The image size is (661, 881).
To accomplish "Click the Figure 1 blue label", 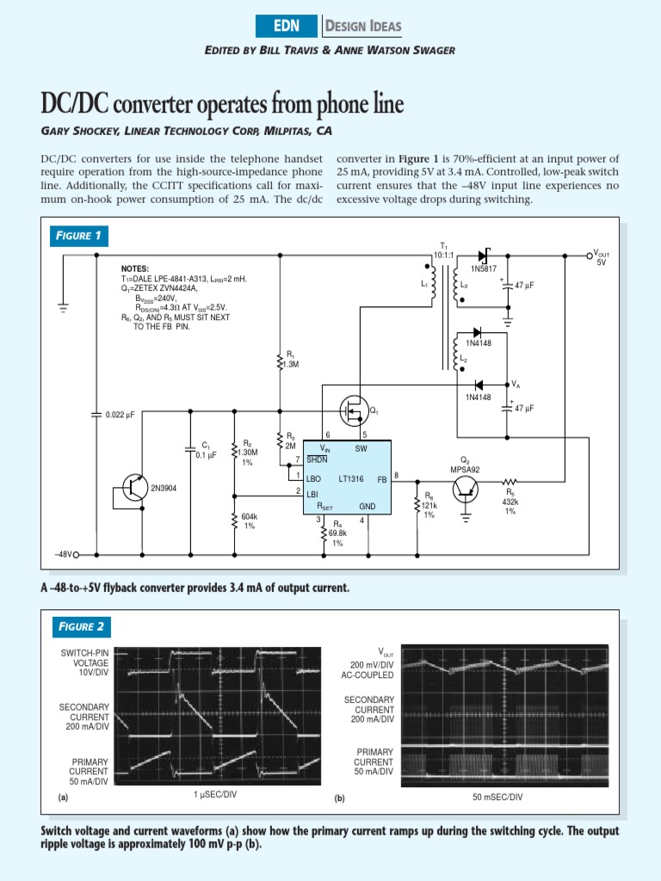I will coord(78,236).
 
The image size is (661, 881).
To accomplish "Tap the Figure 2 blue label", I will coord(79,625).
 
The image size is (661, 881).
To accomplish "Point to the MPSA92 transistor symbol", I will coord(466,490).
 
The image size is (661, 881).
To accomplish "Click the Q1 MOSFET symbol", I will coord(353,409).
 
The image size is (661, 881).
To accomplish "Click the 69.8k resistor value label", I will coord(337,533).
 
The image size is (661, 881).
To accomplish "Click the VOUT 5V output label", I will coord(602,257).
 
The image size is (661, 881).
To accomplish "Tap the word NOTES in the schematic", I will coord(135,269).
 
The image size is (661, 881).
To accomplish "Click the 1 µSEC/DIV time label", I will coord(215,794).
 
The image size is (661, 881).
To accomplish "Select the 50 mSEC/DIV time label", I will coord(497,798).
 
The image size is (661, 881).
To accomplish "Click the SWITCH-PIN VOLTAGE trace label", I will coord(84,663).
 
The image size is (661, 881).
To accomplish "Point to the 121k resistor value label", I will coord(429,505).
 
